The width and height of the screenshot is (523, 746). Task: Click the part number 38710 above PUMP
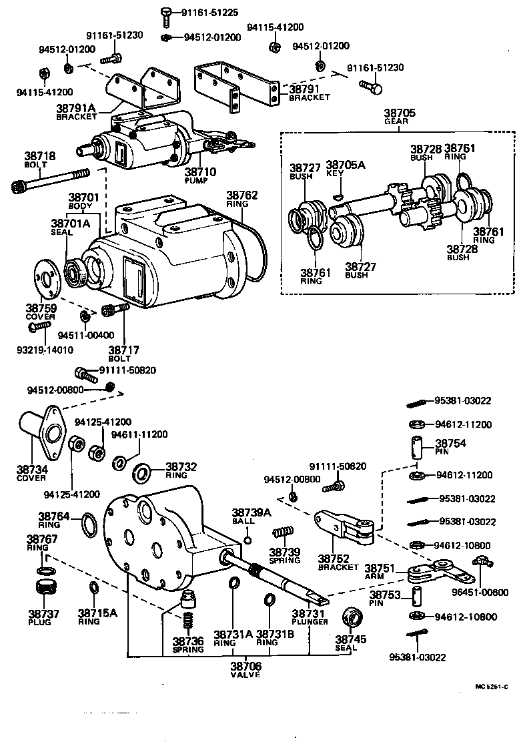(201, 171)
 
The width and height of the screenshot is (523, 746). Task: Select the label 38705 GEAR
(400, 117)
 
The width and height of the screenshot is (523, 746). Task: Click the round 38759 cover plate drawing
(47, 278)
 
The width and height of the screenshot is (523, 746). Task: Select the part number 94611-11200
(139, 434)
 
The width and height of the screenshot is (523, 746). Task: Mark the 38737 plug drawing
(45, 589)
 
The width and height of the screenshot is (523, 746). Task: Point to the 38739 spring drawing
(284, 532)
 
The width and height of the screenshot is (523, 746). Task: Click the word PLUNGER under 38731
(310, 622)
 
